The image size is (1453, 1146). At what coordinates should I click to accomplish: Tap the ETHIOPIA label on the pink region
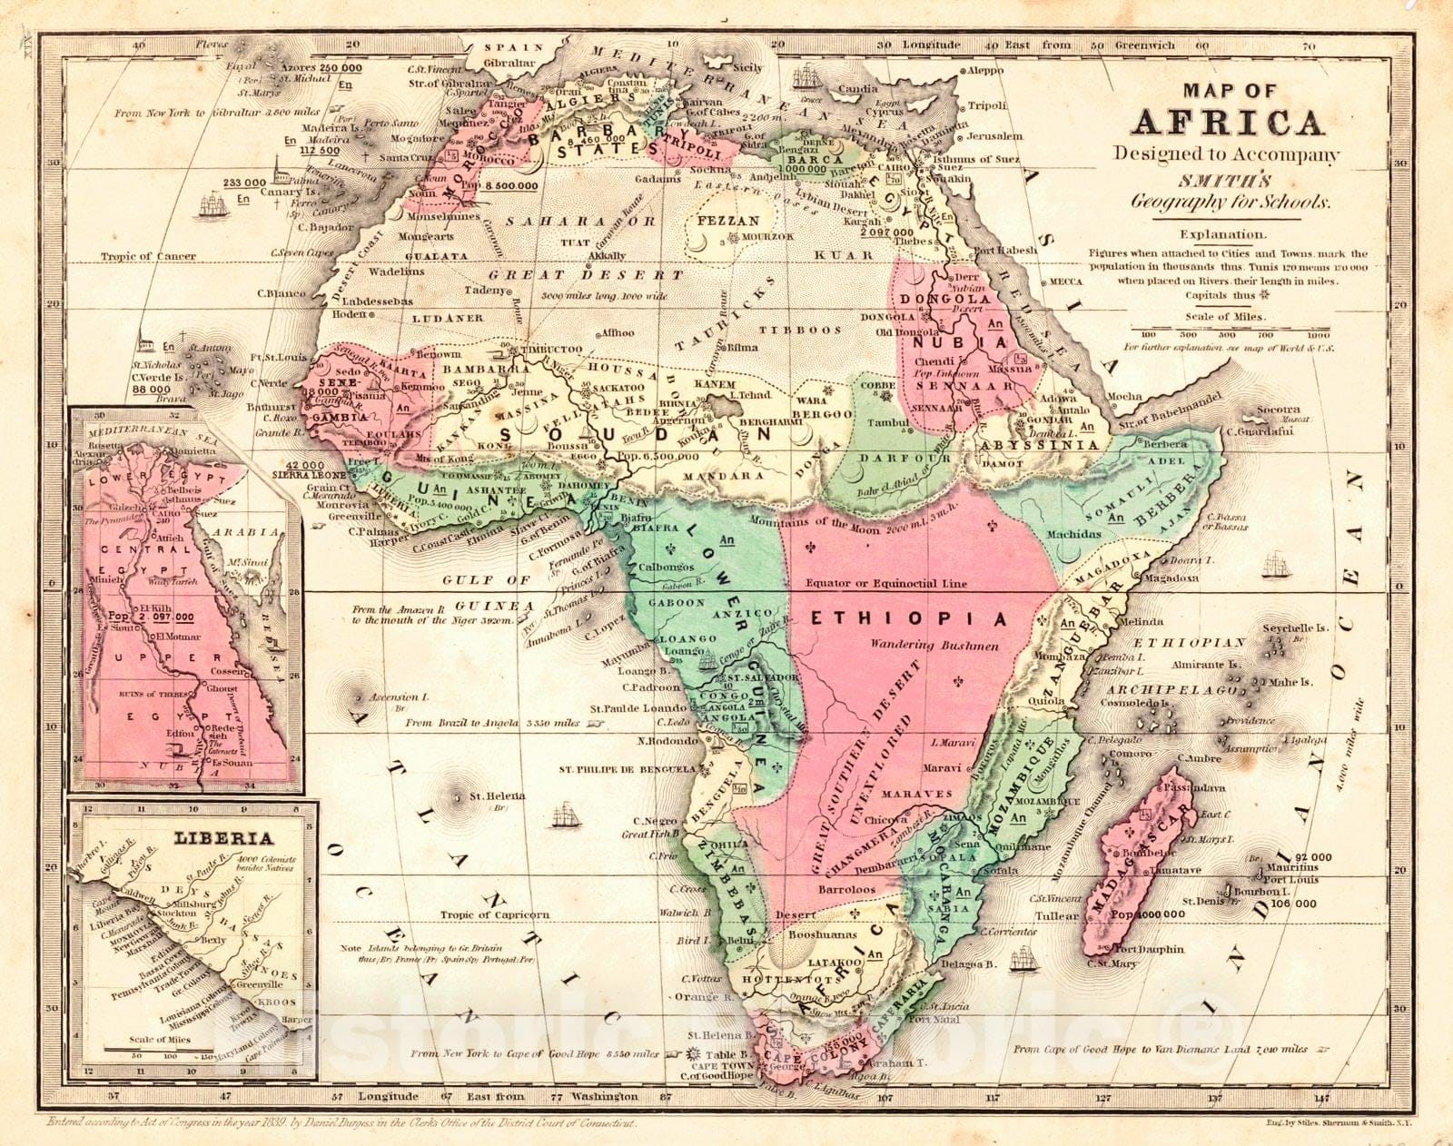point(907,619)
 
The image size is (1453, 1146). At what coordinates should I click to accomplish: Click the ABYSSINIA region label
point(1044,445)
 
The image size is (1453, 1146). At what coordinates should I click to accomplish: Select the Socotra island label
point(1279,410)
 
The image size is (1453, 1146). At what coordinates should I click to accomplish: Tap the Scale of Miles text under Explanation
point(1224,317)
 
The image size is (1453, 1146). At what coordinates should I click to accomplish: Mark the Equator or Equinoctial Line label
point(886,584)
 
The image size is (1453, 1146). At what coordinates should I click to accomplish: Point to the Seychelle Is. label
point(1294,628)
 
